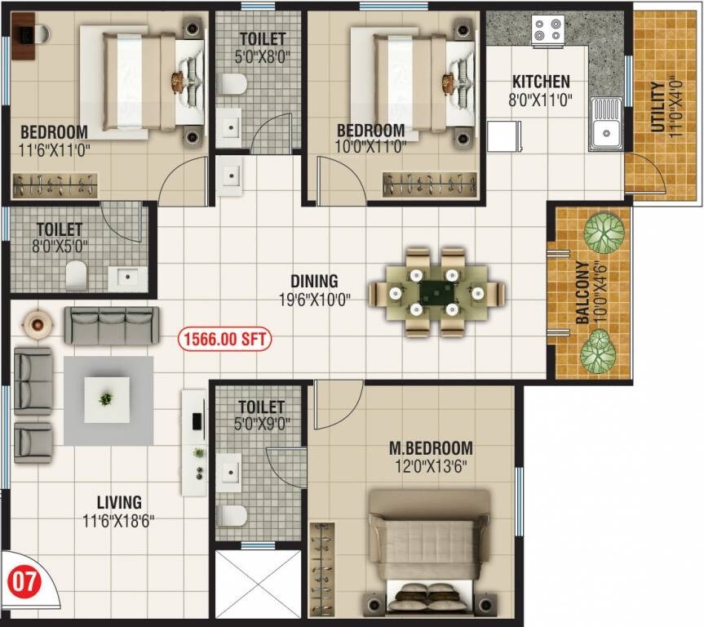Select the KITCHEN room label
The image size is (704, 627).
point(541,82)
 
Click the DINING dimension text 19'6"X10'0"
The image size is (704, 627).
point(314,299)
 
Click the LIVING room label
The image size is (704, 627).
point(118,502)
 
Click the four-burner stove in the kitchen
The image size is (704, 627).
point(547,30)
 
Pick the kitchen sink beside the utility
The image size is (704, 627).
point(606,123)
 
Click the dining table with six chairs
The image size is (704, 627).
point(436,291)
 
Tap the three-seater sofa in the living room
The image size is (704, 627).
point(112,325)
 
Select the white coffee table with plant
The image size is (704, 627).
point(107,399)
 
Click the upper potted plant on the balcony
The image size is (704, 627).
point(604,232)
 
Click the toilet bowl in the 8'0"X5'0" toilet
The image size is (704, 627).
point(77,275)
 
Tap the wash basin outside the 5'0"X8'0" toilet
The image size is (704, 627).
point(230,175)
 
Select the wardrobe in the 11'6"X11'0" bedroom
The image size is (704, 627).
point(54,185)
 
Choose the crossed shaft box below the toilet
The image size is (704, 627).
point(258,583)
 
